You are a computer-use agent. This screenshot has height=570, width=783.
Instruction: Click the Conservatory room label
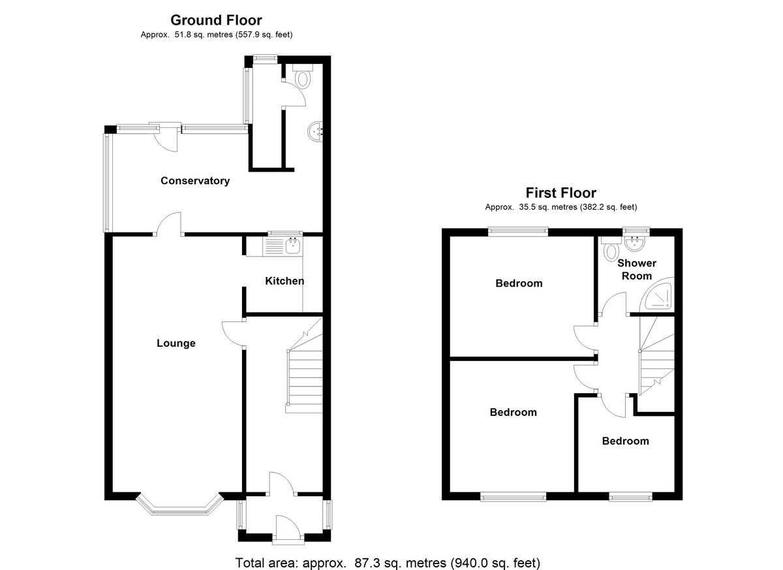(x=195, y=181)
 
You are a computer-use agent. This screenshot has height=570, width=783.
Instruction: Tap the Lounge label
(x=176, y=343)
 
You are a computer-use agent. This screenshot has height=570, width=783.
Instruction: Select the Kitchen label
(x=284, y=281)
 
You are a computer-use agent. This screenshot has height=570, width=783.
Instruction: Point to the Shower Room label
(x=637, y=269)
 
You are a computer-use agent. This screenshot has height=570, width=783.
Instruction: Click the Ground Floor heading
(x=216, y=20)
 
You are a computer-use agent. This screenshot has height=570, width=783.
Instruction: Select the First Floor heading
(x=561, y=193)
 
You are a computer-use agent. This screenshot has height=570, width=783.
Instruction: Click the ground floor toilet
(x=303, y=76)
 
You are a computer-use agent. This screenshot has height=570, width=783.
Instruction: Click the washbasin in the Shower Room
(x=635, y=244)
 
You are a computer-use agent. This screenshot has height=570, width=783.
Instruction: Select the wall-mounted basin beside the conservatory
(x=315, y=132)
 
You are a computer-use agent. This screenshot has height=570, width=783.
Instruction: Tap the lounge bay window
(x=179, y=505)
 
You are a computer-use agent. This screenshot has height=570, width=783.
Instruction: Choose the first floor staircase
(x=656, y=356)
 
